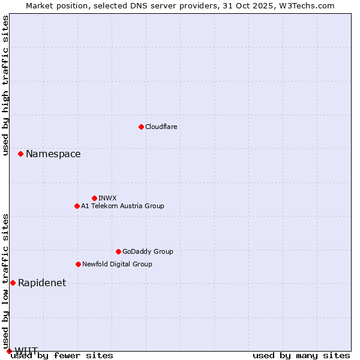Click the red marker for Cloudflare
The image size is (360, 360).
(141, 127)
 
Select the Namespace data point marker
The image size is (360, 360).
(20, 154)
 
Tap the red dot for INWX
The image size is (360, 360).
(94, 198)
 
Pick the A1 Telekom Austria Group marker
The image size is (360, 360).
(77, 206)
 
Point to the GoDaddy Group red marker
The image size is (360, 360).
(118, 251)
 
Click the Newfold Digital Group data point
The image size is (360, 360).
(78, 264)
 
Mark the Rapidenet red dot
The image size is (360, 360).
(13, 283)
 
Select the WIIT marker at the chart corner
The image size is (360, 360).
(9, 351)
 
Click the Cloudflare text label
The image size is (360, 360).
(161, 127)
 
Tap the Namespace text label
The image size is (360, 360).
(53, 154)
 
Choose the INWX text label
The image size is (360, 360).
(107, 198)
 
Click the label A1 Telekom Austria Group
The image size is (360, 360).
(122, 206)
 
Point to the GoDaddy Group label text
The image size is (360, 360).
(148, 251)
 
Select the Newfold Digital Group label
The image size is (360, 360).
(117, 264)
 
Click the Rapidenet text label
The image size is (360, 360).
(42, 283)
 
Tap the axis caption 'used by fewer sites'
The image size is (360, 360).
(62, 355)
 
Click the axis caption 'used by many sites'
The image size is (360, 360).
(301, 355)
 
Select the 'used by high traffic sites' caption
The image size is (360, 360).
(5, 85)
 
